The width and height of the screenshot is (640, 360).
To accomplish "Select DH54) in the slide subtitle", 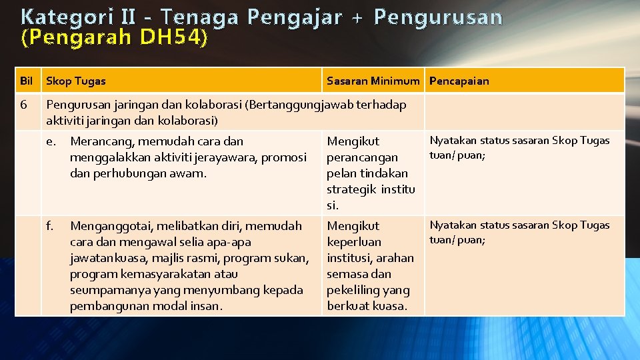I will tap(171, 39).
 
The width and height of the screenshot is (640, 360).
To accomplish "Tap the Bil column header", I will tap(27, 81).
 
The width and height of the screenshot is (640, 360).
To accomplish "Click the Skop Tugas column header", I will tap(76, 81).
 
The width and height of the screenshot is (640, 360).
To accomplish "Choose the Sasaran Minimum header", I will tap(373, 81).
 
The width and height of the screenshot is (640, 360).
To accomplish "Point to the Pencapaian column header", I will tap(459, 81).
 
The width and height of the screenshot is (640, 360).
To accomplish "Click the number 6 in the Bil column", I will tap(24, 105).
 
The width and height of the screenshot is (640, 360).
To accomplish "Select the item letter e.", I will tap(51, 141).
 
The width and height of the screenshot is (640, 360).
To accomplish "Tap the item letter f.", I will tap(50, 226).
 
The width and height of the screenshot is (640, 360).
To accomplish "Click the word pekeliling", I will tap(353, 290).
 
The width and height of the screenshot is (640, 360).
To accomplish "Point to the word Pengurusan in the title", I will tap(438, 17).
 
